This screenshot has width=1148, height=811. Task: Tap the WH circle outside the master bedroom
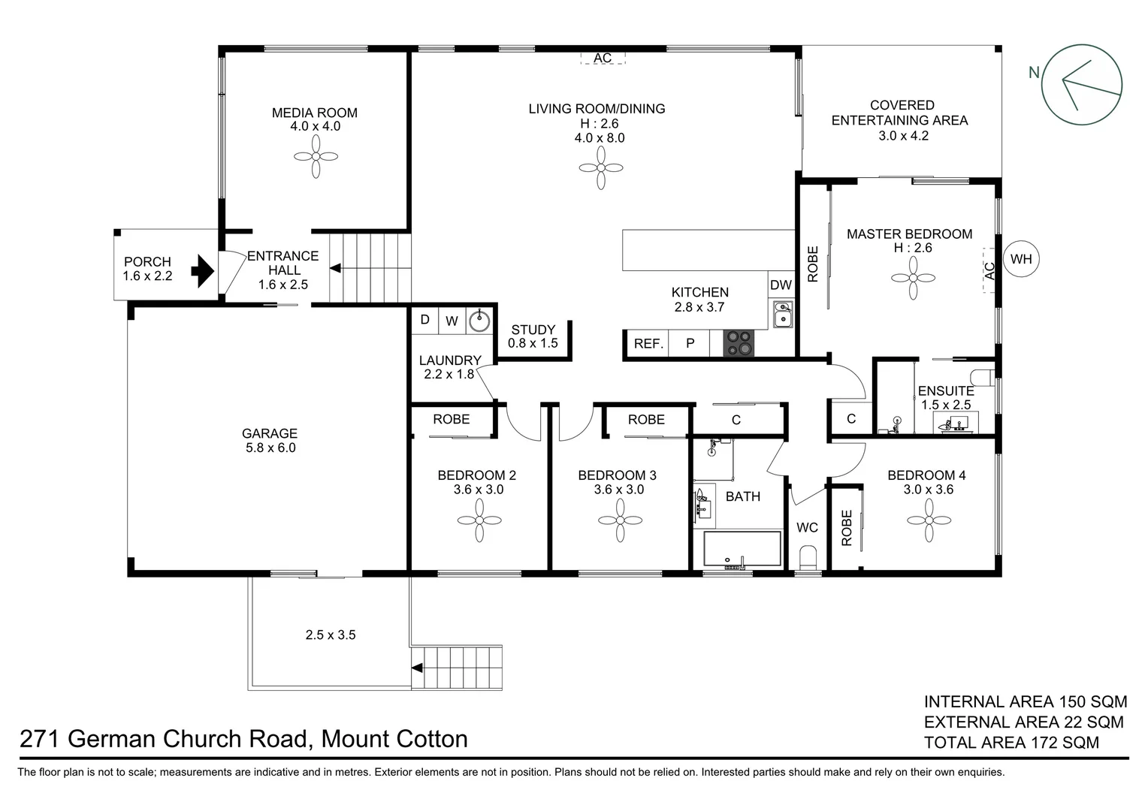tap(1021, 259)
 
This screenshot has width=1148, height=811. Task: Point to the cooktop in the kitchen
tap(738, 343)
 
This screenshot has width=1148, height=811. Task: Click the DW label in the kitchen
tap(781, 285)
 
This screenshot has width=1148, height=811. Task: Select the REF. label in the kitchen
tap(648, 344)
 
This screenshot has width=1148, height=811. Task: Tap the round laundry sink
tap(479, 321)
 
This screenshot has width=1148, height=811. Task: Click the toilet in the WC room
tap(808, 559)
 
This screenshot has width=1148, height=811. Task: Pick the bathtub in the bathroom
tap(742, 549)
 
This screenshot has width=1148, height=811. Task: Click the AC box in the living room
tap(603, 58)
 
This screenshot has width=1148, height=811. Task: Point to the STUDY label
tap(533, 330)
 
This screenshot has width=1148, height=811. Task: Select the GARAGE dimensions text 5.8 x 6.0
tap(269, 448)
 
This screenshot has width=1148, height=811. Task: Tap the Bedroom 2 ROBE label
tap(451, 419)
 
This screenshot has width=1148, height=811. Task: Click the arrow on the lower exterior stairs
tap(416, 667)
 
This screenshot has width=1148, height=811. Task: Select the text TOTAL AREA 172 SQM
tap(1011, 743)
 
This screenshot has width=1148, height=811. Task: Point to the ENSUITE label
tap(945, 390)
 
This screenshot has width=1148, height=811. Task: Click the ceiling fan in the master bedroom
tap(913, 278)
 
